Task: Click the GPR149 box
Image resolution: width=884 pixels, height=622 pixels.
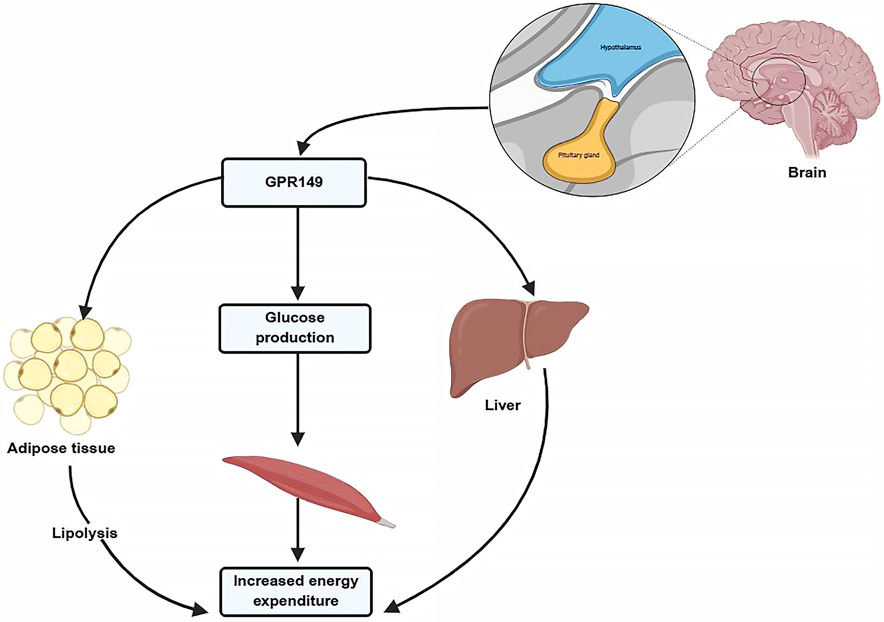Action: tap(294, 183)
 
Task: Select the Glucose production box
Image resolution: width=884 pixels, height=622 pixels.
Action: tap(295, 328)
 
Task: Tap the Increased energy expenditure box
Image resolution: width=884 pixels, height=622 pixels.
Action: tap(296, 591)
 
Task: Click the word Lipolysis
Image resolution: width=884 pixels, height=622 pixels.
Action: tap(85, 533)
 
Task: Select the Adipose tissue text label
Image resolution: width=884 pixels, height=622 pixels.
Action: tap(61, 448)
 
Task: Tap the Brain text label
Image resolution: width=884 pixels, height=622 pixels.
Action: tap(807, 172)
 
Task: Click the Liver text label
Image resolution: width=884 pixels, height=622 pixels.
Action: tap(503, 405)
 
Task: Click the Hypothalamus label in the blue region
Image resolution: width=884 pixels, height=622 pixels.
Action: tap(620, 47)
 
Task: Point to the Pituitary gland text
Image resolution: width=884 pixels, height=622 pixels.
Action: tap(578, 155)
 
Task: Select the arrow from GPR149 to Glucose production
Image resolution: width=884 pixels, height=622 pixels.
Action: tap(298, 251)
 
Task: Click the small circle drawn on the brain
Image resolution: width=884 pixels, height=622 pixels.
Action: tap(778, 82)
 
